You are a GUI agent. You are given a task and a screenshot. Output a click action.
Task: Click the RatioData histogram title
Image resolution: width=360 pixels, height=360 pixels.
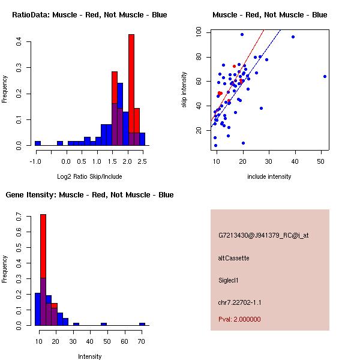tap(89, 15)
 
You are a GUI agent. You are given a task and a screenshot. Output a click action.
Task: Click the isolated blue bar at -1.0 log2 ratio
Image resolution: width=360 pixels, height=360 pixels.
tap(38, 143)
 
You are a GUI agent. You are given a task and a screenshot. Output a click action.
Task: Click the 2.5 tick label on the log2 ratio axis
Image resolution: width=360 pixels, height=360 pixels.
tap(142, 161)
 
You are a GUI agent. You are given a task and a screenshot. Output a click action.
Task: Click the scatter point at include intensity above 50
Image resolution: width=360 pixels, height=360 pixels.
tap(325, 76)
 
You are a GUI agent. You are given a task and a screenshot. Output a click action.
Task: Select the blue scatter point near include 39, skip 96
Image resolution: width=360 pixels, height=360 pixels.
tap(293, 37)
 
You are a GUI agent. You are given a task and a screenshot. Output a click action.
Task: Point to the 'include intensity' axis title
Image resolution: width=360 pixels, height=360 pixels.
tap(269, 177)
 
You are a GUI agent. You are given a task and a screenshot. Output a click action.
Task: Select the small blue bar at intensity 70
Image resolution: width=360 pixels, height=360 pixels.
tap(142, 324)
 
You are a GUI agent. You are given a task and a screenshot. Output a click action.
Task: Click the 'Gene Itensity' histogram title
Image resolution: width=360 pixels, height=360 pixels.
tap(89, 195)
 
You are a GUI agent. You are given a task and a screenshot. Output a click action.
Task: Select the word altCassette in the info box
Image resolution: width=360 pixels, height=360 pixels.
tap(233, 258)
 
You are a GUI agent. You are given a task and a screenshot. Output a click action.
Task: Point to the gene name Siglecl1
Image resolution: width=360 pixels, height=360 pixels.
tap(229, 280)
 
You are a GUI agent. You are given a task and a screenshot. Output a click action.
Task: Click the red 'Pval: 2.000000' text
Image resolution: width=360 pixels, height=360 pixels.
tap(239, 319)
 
